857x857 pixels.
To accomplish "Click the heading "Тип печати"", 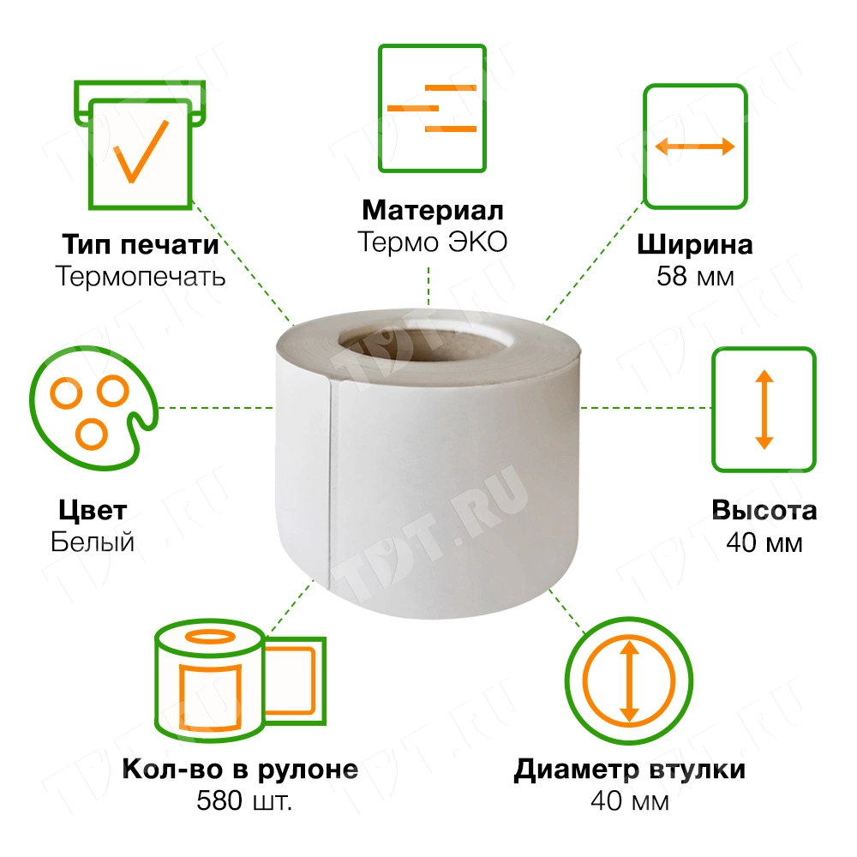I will tap(140, 245).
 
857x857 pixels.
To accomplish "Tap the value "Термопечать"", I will tap(140, 276).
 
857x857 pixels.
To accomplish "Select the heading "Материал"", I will tap(433, 211).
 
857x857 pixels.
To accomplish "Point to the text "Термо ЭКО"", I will tap(433, 242).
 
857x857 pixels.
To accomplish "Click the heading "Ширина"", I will tap(695, 245).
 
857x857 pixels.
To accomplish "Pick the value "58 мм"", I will tap(695, 276).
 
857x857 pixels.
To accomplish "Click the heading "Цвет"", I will tap(93, 511).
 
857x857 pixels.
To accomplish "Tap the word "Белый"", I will tap(93, 542).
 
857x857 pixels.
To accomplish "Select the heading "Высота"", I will tap(764, 511).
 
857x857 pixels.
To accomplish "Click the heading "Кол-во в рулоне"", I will tap(240, 770).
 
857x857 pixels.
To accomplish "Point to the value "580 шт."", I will tap(240, 800).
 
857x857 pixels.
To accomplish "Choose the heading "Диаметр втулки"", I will tap(630, 770).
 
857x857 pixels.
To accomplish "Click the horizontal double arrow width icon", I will tap(694, 146).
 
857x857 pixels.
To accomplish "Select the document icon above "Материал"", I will tap(432, 107).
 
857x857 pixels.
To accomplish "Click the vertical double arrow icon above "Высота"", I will tap(764, 409).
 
